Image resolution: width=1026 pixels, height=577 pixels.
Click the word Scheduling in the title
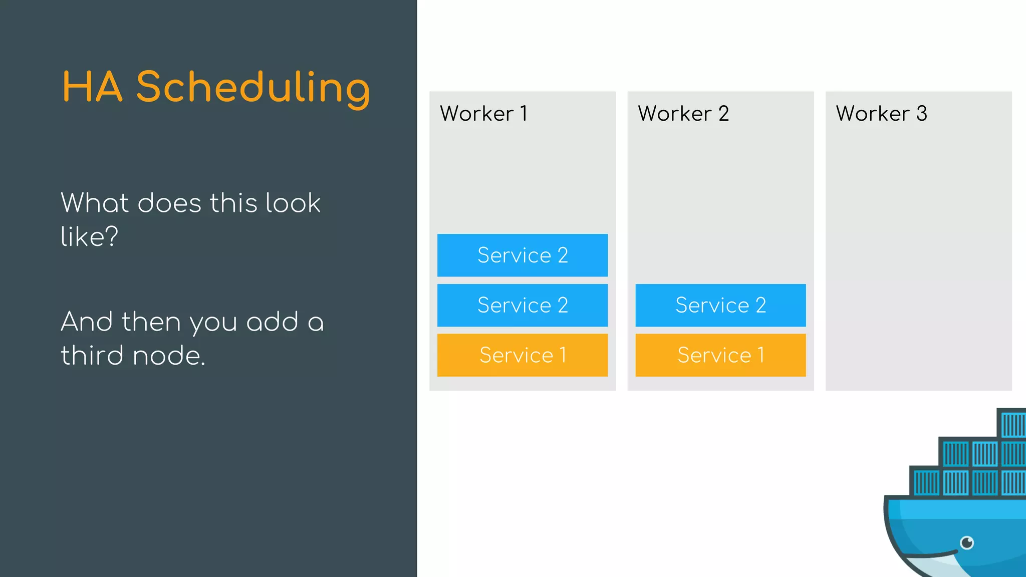pyautogui.click(x=253, y=88)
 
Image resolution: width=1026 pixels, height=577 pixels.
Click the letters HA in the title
pyautogui.click(x=92, y=88)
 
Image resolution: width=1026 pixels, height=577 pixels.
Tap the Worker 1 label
pyautogui.click(x=483, y=114)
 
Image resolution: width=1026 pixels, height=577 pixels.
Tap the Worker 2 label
pyautogui.click(x=683, y=114)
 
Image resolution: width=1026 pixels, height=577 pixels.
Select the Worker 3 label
pyautogui.click(x=881, y=114)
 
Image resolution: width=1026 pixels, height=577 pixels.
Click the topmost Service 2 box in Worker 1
pyautogui.click(x=522, y=255)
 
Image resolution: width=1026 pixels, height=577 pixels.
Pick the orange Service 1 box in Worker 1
pyautogui.click(x=522, y=355)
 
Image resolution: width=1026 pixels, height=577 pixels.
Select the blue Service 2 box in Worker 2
pyautogui.click(x=720, y=305)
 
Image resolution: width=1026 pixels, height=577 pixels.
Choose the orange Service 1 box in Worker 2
pyautogui.click(x=720, y=355)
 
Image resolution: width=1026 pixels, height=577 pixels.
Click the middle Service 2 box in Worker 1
pyautogui.click(x=522, y=305)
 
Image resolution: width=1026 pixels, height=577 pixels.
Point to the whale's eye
pyautogui.click(x=967, y=542)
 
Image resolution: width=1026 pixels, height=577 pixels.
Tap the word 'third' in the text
pyautogui.click(x=92, y=355)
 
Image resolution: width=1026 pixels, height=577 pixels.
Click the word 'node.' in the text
pyautogui.click(x=169, y=356)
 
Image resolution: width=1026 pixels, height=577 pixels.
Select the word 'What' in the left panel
pyautogui.click(x=95, y=203)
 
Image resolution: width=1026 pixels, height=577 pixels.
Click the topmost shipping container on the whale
pyautogui.click(x=1012, y=424)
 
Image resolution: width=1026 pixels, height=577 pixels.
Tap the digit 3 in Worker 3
pyautogui.click(x=922, y=114)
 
